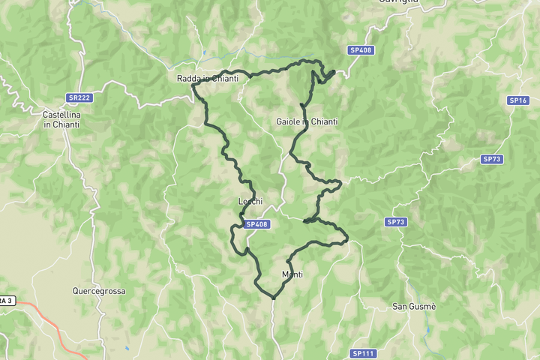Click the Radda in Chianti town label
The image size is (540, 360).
[x=208, y=79]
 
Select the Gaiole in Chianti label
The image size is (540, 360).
[x=307, y=121]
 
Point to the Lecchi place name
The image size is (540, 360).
[x=250, y=201]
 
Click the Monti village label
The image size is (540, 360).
[x=292, y=274]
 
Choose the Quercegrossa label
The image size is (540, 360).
[x=99, y=291]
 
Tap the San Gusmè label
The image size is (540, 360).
[x=415, y=306]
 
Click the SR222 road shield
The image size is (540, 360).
[x=78, y=97]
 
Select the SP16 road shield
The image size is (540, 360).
[x=519, y=100]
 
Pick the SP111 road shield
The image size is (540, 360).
[x=363, y=353]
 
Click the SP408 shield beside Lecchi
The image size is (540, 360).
[x=256, y=224]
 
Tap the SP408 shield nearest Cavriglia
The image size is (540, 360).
[x=361, y=50]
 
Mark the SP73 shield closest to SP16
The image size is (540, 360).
[x=491, y=159]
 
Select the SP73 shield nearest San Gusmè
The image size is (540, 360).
[x=396, y=222]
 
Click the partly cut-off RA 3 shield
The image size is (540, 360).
[x=6, y=300]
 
